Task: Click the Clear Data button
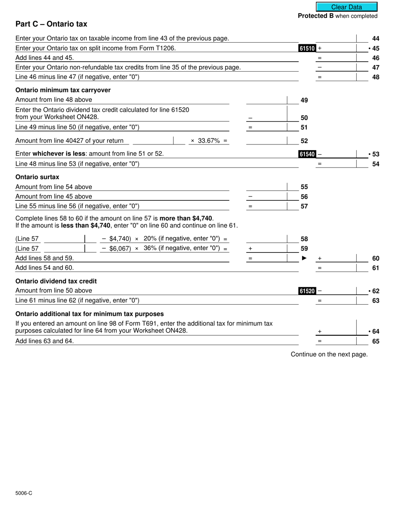point(347,7)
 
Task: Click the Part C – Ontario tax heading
point(51,24)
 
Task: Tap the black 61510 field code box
point(307,48)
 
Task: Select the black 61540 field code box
point(307,154)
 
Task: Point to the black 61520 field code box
point(307,291)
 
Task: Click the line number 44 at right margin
point(376,38)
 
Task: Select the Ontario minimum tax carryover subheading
point(63,90)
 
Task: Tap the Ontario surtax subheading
point(37,177)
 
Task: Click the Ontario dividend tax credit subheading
point(56,281)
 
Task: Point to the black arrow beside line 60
point(304,258)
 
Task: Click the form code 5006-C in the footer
point(24,493)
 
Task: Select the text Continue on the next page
point(329,354)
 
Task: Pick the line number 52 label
point(304,141)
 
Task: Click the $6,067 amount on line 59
point(120,248)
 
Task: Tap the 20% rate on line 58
point(150,239)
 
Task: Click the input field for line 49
point(266,100)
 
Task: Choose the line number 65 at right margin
point(376,341)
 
